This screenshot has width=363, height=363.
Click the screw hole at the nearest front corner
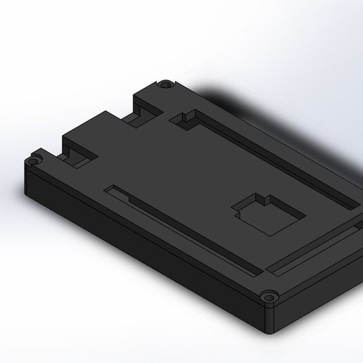point(268,297)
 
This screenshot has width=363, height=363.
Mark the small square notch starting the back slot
point(186,117)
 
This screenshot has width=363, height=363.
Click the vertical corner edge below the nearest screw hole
point(268,320)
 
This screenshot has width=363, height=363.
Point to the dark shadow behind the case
point(281,120)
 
